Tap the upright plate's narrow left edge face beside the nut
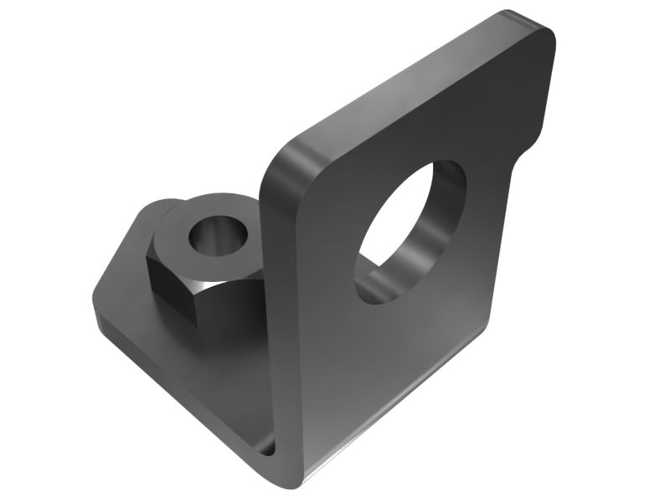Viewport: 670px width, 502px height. (276, 293)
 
